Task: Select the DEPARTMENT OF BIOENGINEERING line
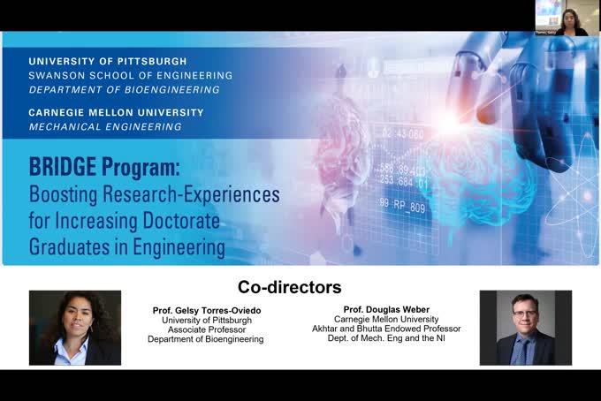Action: click(124, 89)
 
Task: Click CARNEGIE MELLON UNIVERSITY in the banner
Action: click(116, 113)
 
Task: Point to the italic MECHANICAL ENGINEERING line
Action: click(105, 126)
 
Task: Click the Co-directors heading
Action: click(289, 287)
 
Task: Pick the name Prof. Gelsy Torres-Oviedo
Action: click(206, 311)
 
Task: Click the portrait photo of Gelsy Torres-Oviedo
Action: click(75, 328)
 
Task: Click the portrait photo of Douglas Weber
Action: click(525, 328)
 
